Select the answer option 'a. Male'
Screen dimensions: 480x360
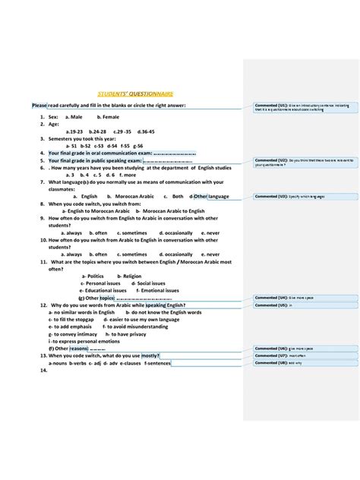pos(74,118)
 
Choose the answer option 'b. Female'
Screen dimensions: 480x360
pos(108,118)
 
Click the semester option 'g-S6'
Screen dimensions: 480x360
pos(137,145)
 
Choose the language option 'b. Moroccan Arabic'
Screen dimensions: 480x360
pos(133,196)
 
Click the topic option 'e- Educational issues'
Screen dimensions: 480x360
pos(103,290)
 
